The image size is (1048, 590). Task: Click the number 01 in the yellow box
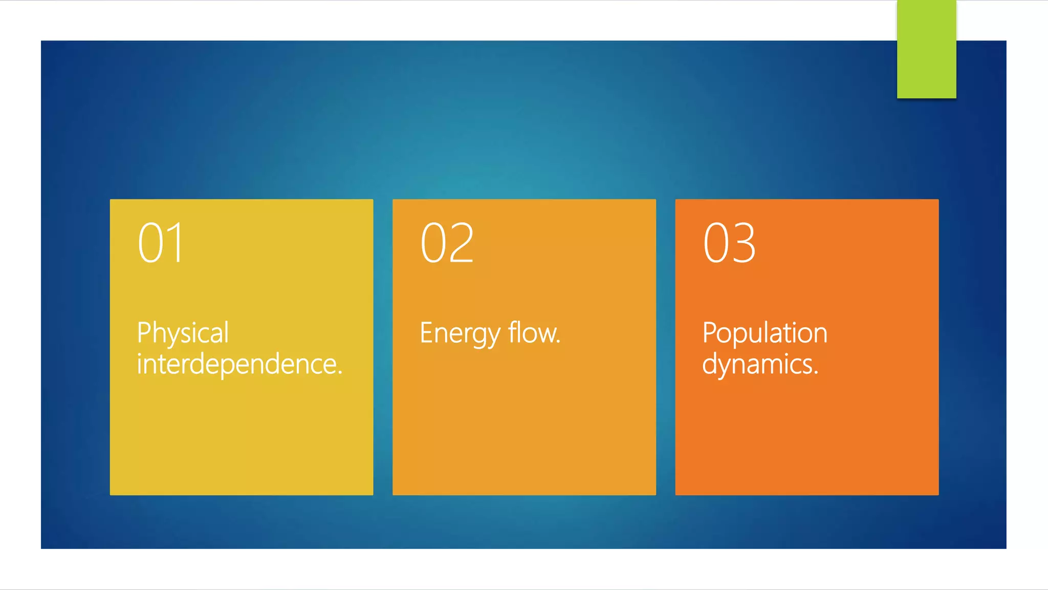pos(160,243)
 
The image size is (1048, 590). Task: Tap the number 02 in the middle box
pos(447,243)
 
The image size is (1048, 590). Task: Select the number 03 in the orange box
pos(729,243)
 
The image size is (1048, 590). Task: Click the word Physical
pos(183,333)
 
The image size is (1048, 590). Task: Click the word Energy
pos(460,333)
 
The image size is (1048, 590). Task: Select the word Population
pos(765,333)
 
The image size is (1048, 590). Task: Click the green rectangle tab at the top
pos(926,50)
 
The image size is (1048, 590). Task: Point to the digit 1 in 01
pos(176,243)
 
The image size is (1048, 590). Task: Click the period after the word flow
pos(558,342)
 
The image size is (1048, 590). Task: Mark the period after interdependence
pos(340,373)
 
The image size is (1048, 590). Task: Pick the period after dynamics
pos(816,373)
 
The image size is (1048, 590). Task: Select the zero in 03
pos(715,243)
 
